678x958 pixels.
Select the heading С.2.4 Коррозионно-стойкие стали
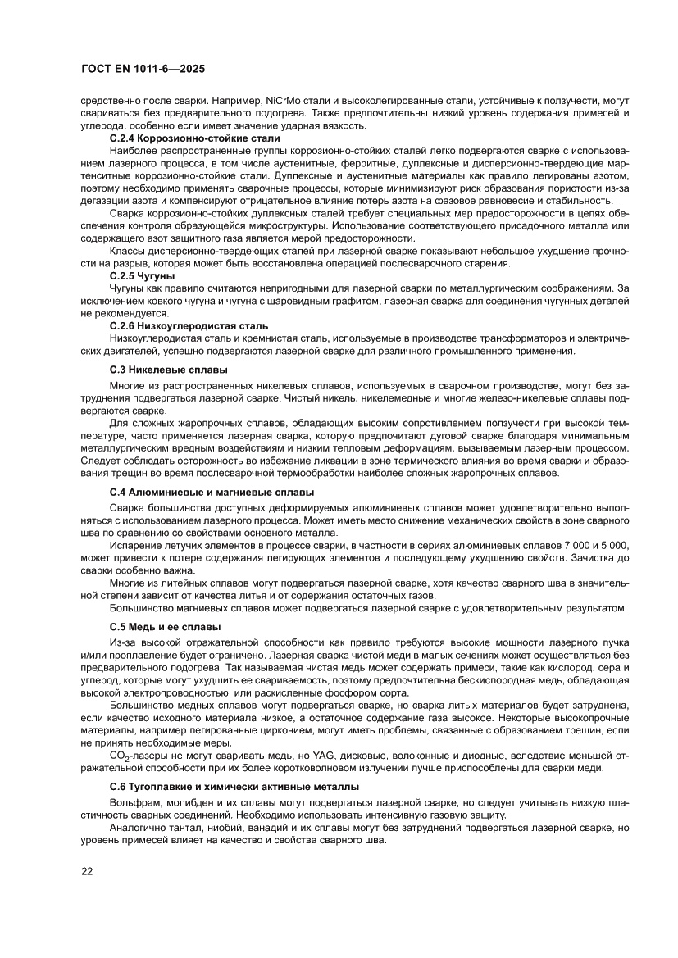(195, 138)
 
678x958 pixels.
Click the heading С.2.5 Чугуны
(142, 276)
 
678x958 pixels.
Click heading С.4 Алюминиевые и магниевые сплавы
(212, 493)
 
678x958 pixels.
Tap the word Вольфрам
(134, 806)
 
